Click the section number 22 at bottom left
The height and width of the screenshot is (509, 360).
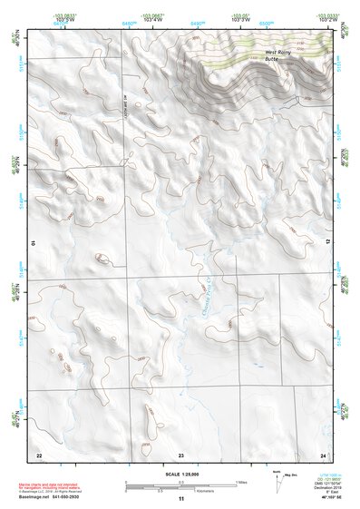pos(39,454)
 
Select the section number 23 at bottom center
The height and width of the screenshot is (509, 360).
pos(180,454)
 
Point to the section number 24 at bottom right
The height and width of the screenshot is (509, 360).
pos(322,454)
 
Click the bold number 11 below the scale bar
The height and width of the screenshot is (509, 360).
pos(181,499)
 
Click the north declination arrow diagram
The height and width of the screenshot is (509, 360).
pos(277,478)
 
